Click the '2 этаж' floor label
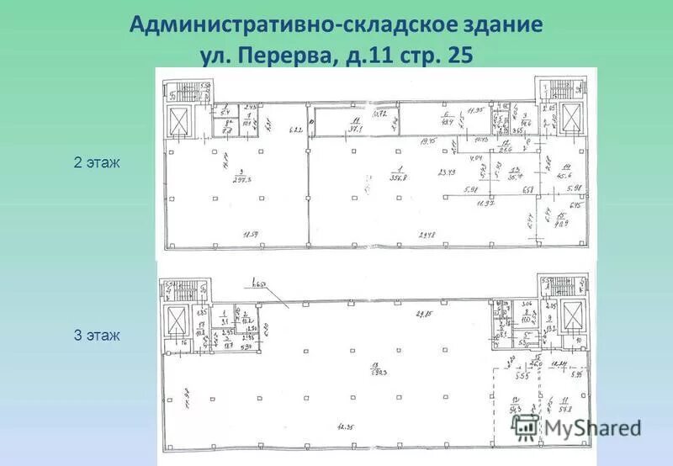(x=98, y=163)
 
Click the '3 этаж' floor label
(x=98, y=336)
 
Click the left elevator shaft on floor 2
(x=182, y=122)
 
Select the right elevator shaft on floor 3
(x=574, y=319)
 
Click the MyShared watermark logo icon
(x=526, y=426)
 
